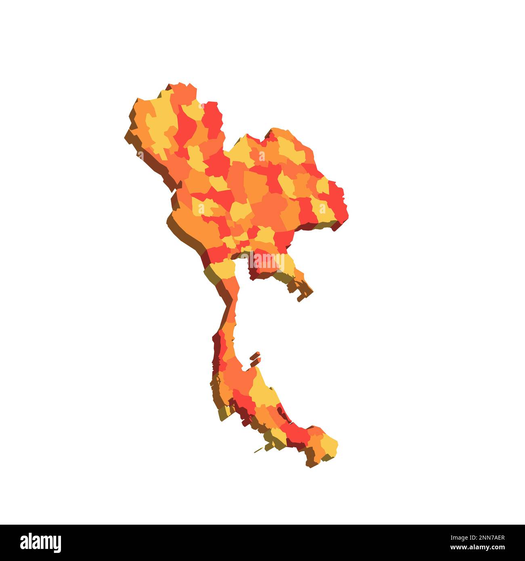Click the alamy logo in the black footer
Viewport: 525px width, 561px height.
click(41, 542)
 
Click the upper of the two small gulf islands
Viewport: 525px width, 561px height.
click(255, 356)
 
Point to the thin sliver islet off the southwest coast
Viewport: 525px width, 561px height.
click(258, 449)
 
